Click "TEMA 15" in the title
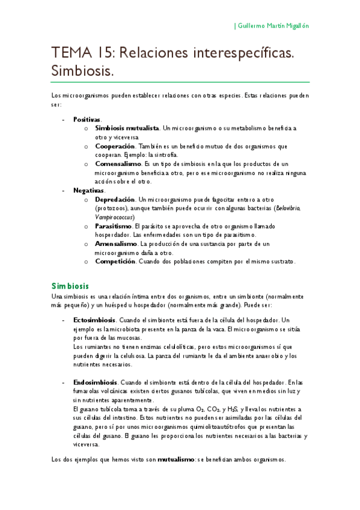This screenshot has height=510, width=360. pos(84,54)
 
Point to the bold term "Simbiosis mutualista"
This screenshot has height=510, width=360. pos(127,128)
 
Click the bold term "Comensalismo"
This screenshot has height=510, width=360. pos(119,164)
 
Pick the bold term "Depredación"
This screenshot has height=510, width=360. pos(115,199)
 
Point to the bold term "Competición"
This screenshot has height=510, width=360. pos(115,262)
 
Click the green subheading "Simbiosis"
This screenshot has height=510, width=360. pos(70,285)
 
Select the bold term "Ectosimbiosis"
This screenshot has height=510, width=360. pos(95,320)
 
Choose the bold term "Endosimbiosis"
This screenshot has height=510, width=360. pos(96,382)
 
